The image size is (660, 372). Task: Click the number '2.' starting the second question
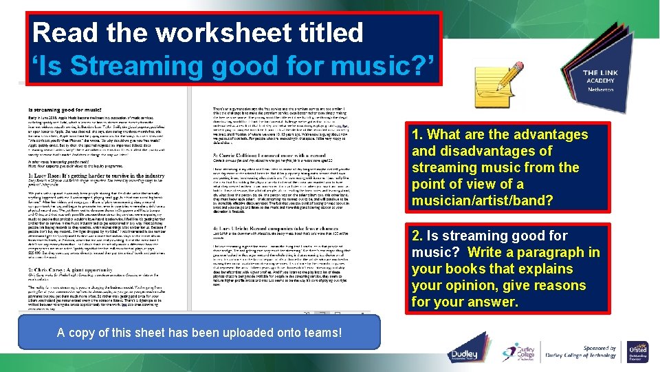click(x=418, y=236)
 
